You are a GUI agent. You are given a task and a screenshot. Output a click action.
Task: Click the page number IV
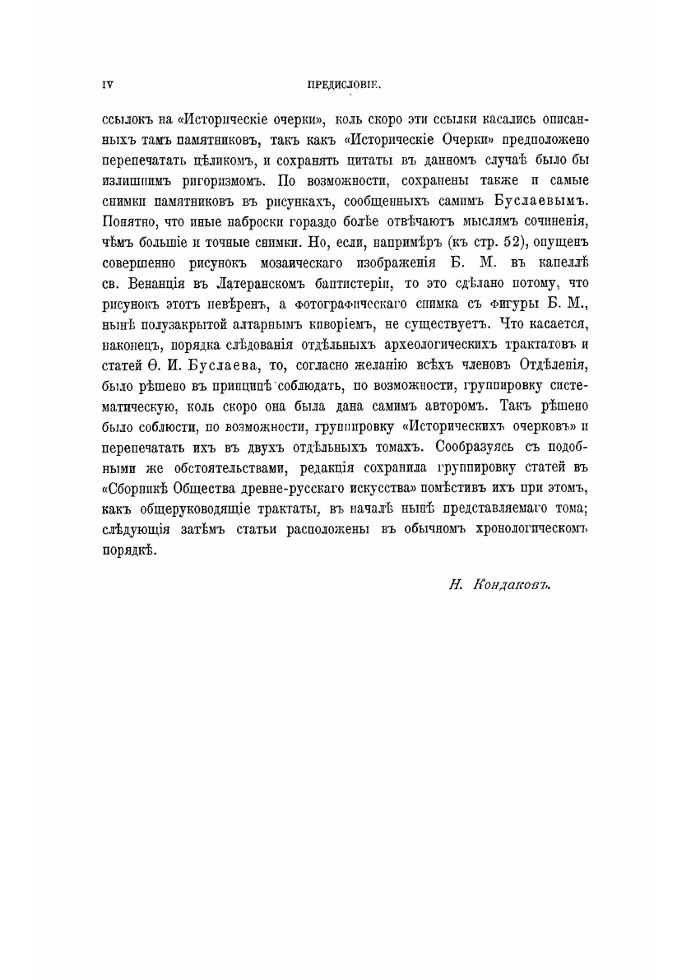[106, 84]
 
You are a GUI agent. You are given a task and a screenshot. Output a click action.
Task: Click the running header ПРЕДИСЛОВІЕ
[345, 84]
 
